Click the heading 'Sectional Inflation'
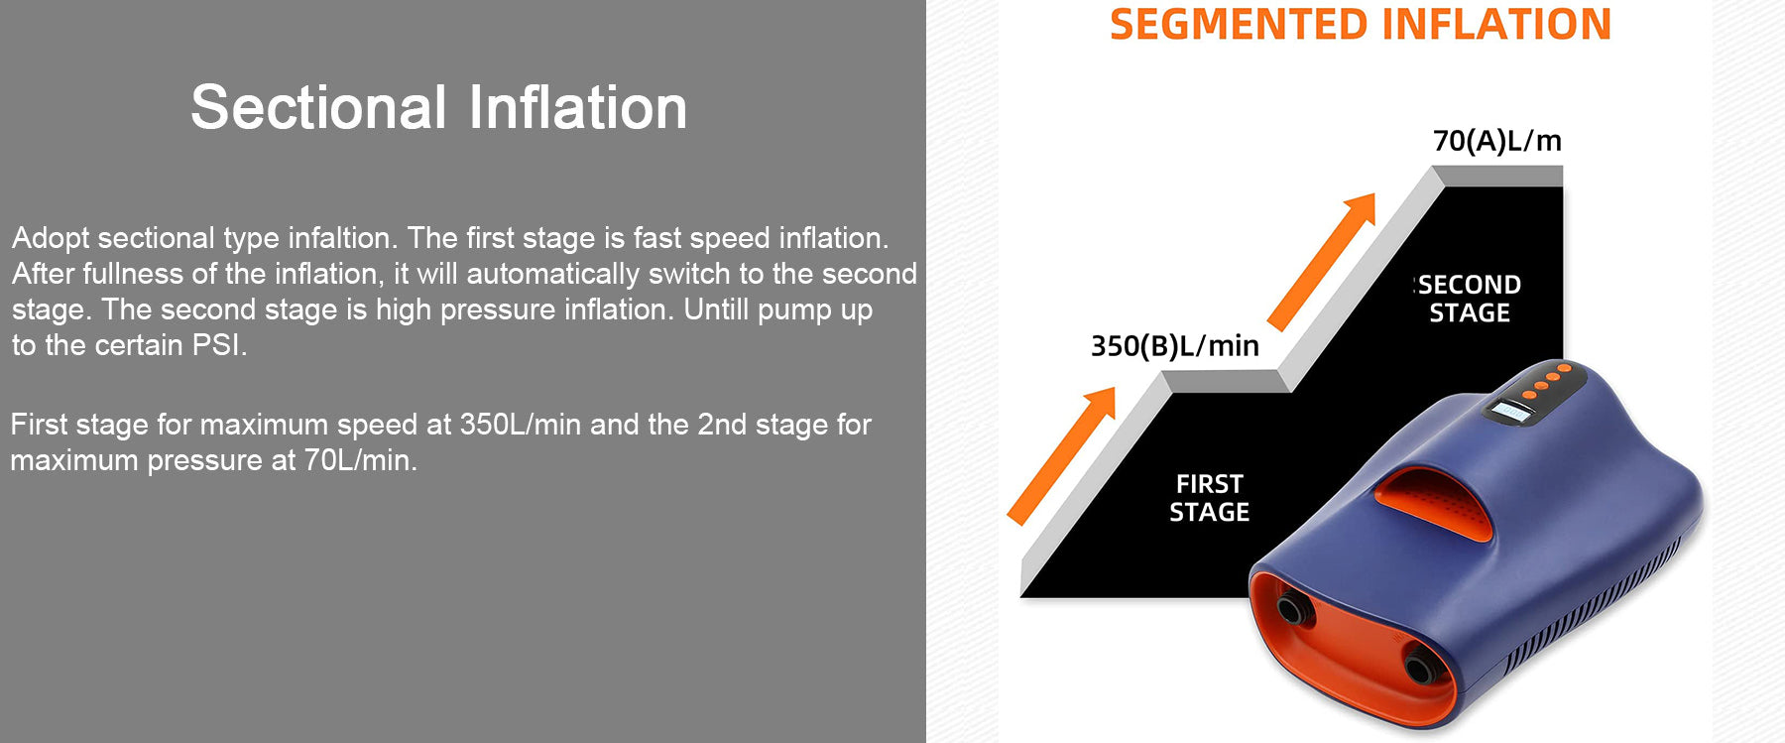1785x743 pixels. (x=438, y=107)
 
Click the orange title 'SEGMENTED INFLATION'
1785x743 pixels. (x=1361, y=24)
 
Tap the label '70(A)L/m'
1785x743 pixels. (x=1497, y=141)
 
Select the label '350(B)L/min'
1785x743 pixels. (x=1175, y=346)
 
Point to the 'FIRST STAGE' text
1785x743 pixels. (x=1209, y=498)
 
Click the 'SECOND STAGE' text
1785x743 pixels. (x=1469, y=299)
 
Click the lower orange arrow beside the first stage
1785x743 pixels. (x=1061, y=455)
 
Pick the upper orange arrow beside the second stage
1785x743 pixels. (x=1322, y=261)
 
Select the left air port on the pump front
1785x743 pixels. (x=1292, y=608)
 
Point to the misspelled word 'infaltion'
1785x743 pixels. (x=339, y=238)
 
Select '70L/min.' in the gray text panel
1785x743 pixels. (x=361, y=460)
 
